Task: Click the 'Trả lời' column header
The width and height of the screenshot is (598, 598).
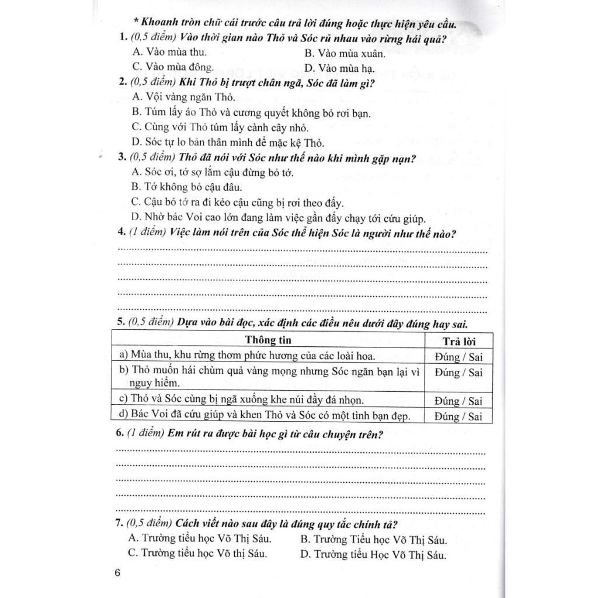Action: [458, 341]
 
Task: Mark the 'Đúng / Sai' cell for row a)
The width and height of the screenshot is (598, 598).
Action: [458, 356]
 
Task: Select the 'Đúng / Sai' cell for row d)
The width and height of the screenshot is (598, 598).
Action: [458, 416]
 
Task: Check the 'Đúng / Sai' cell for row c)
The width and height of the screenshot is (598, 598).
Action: [458, 401]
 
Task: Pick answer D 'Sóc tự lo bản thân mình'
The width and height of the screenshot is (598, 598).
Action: [228, 142]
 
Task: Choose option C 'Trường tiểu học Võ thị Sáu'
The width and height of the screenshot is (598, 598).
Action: [197, 552]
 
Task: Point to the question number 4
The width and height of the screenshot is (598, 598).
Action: [121, 234]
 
